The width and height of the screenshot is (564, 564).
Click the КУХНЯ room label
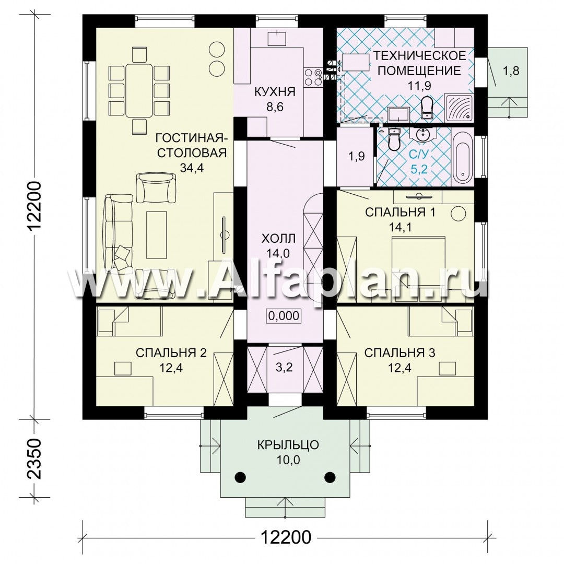(x=275, y=92)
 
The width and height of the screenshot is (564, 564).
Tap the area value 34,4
(x=192, y=168)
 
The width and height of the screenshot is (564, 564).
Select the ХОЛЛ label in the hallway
(x=278, y=238)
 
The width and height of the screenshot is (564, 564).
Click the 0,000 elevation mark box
(x=284, y=315)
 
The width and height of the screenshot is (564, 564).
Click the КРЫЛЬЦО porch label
(x=288, y=444)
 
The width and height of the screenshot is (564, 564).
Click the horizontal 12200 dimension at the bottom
(x=286, y=537)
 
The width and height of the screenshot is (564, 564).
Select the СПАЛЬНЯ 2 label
(x=171, y=353)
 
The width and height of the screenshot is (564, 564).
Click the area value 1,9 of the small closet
(x=357, y=156)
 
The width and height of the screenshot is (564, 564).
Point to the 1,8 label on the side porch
(x=511, y=70)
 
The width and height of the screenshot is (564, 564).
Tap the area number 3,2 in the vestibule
(x=284, y=367)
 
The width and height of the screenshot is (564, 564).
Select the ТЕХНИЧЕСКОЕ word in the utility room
(x=419, y=56)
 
